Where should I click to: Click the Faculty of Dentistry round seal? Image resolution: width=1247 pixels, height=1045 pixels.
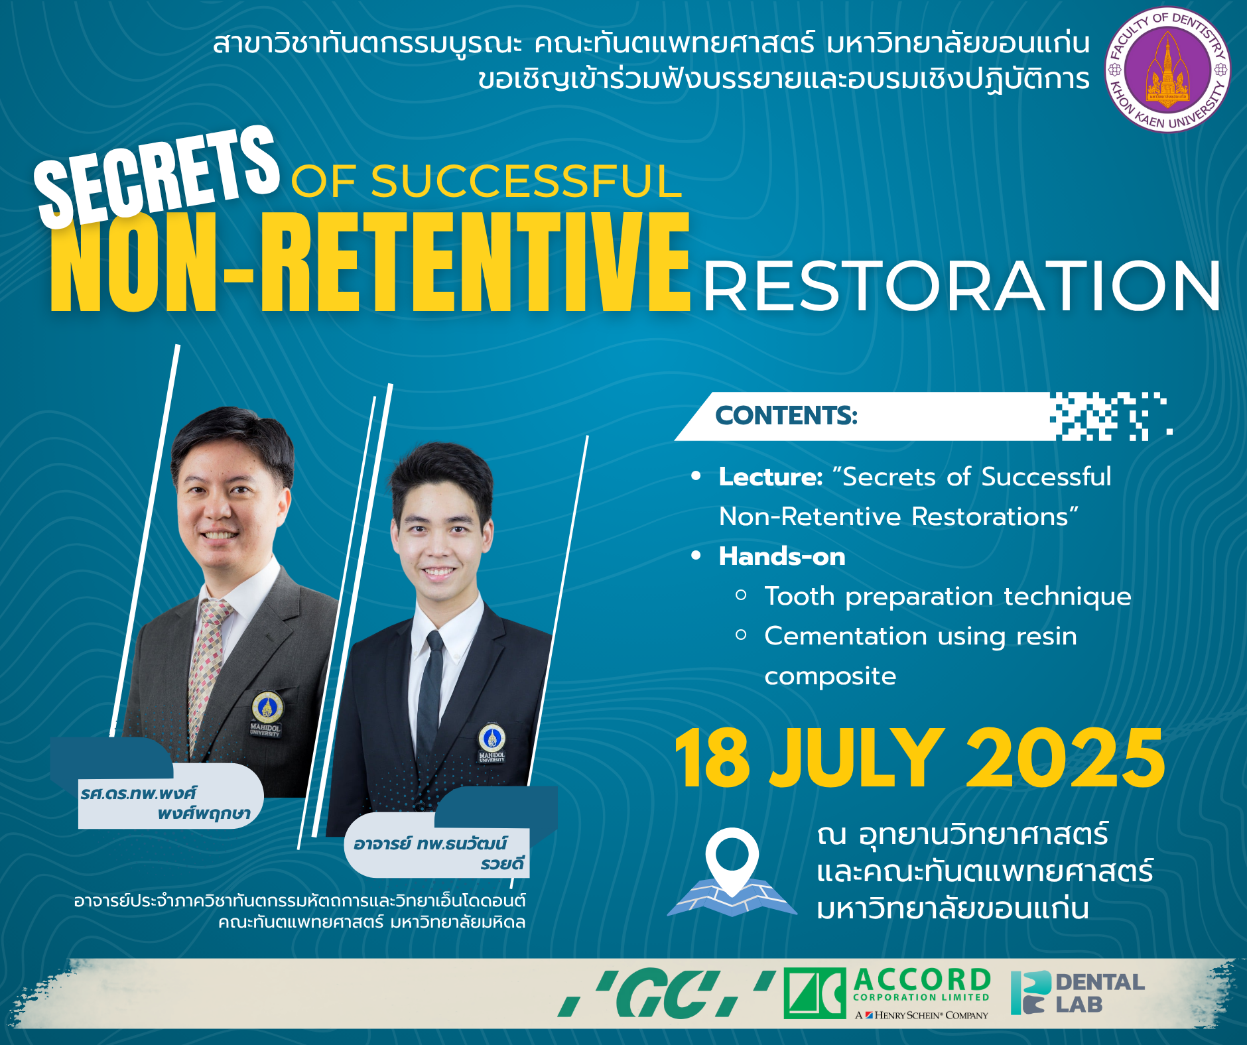coord(1167,70)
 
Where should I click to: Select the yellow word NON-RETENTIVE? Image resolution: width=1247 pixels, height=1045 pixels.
coord(370,261)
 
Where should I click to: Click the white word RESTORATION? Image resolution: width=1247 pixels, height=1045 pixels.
coord(962,286)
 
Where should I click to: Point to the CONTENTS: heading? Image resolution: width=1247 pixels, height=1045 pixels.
coord(786,416)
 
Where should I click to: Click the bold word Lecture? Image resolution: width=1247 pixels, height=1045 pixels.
coord(771,477)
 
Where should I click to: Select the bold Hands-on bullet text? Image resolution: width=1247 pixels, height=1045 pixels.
coord(782,556)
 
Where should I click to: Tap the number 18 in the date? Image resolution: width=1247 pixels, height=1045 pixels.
coord(712,758)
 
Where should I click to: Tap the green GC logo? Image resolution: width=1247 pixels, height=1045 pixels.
coord(667,993)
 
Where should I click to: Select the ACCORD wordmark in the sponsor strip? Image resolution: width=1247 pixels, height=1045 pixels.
coord(922,979)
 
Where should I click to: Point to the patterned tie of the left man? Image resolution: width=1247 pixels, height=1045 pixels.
coord(205,670)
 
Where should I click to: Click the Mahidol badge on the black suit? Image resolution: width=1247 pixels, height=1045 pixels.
coord(492,743)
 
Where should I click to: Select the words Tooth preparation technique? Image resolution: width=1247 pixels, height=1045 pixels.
coord(948,596)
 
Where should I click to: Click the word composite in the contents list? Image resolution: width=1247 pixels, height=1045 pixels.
coord(830,677)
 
